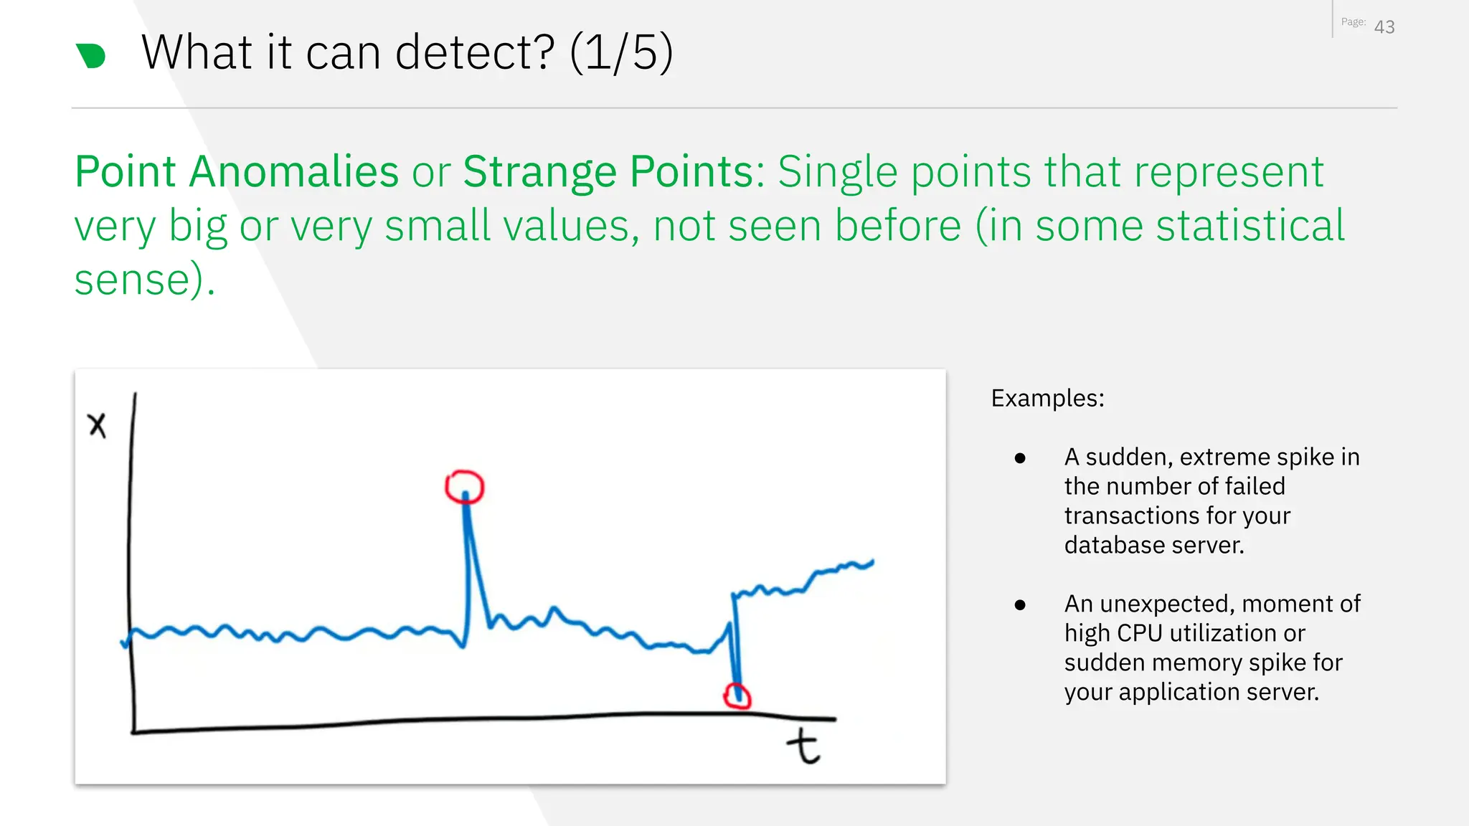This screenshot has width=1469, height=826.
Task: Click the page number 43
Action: (1384, 27)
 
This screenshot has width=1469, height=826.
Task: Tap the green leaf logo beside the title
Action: (91, 56)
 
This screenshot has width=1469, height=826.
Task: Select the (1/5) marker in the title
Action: (621, 53)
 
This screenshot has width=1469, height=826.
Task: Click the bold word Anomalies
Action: (293, 172)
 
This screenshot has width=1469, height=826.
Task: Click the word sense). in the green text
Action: (144, 280)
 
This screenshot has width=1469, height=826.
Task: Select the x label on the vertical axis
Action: (97, 424)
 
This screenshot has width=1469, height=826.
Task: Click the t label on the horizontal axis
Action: (803, 746)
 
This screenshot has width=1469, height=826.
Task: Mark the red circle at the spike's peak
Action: (465, 487)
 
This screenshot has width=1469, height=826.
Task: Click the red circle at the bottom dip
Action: (737, 696)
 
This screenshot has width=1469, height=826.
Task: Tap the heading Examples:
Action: (1047, 398)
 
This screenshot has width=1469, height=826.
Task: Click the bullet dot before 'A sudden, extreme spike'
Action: (1020, 458)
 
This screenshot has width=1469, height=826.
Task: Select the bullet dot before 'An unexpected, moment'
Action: (1020, 605)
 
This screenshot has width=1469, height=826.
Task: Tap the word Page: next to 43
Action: (1353, 22)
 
